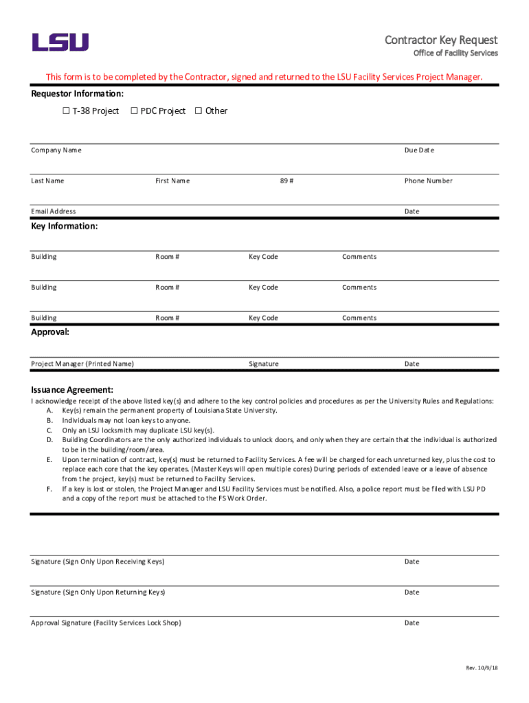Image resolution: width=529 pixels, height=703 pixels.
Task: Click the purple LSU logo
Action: (x=60, y=42)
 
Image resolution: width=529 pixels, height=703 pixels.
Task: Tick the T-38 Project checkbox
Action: (x=66, y=111)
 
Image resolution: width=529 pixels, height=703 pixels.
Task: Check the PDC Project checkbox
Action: (x=134, y=111)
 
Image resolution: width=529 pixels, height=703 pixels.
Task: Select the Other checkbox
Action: (x=199, y=111)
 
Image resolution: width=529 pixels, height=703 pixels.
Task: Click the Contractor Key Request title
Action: (x=441, y=40)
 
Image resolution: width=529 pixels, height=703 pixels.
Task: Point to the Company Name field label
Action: (x=56, y=150)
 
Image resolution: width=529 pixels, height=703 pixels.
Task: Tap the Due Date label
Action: (x=419, y=150)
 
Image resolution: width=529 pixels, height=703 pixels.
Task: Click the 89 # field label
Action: (x=286, y=181)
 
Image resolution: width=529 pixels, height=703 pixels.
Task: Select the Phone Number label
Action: (x=428, y=181)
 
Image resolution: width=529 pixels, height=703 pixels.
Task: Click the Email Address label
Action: (x=54, y=211)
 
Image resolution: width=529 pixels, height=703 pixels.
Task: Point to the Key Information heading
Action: (x=64, y=226)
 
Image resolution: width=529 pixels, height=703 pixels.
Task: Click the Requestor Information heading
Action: (x=77, y=94)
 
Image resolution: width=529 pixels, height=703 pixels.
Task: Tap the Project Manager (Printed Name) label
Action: (x=82, y=364)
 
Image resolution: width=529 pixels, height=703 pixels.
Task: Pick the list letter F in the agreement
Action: (x=49, y=489)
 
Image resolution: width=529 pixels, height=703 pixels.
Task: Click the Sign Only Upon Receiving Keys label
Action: (x=98, y=562)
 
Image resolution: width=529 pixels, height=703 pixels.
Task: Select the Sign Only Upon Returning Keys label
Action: (x=98, y=592)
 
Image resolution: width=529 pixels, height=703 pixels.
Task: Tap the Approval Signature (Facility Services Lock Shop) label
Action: (x=106, y=623)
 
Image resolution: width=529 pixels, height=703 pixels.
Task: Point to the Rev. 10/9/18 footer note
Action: (x=482, y=668)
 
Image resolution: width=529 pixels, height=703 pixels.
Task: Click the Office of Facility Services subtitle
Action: (x=455, y=54)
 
